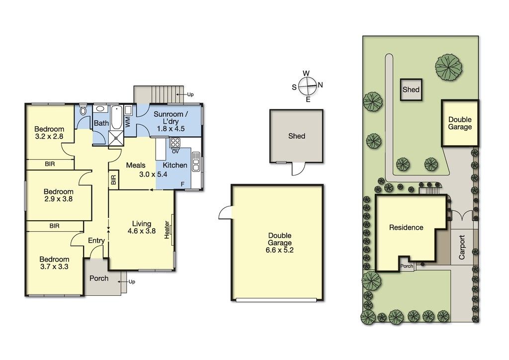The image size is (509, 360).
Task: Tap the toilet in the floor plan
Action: click(83, 110)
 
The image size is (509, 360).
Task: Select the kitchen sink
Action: click(196, 161)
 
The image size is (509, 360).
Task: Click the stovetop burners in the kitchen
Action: click(175, 143)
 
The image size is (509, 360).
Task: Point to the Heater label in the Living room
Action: click(167, 230)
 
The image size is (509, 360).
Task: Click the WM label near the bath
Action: click(128, 122)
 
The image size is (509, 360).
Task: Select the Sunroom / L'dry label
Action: click(171, 121)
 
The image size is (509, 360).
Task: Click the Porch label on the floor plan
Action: click(99, 278)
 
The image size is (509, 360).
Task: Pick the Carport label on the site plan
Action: click(462, 247)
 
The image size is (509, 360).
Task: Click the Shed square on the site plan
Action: click(411, 90)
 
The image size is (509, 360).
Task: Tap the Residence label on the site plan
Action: click(406, 228)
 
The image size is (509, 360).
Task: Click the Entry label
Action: click(96, 241)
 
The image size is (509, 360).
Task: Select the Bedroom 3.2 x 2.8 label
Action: click(49, 133)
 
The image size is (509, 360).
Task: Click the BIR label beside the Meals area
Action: click(113, 180)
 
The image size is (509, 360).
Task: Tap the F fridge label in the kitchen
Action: click(183, 184)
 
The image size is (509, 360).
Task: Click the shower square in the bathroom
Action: click(116, 138)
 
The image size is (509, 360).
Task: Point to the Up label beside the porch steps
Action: click(132, 282)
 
